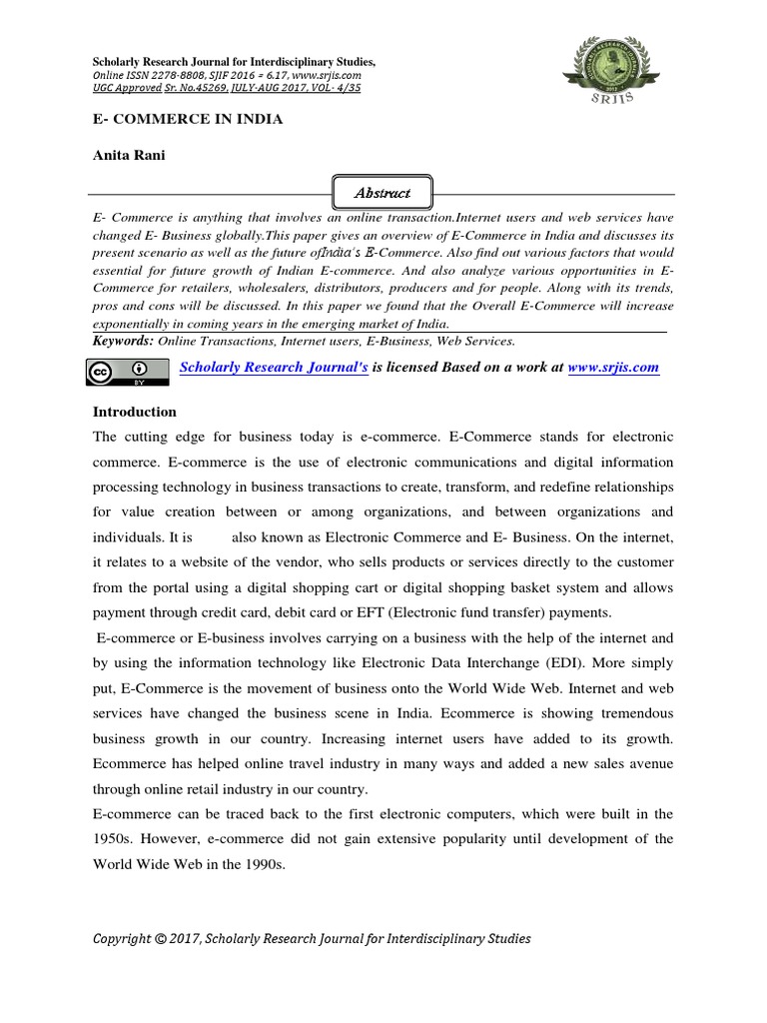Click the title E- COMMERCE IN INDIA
point(188,119)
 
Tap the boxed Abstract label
point(369,192)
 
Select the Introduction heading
point(135,412)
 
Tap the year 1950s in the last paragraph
point(113,839)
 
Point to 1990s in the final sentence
point(261,864)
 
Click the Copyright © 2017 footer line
point(312,938)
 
